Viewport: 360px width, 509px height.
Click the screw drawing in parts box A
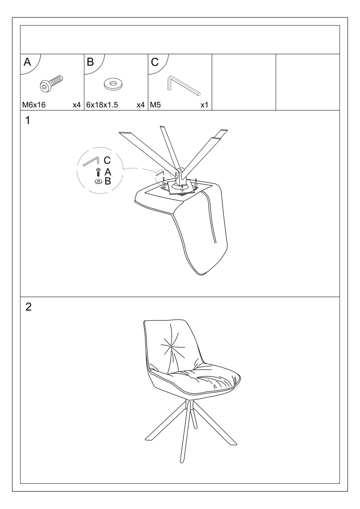[51, 83]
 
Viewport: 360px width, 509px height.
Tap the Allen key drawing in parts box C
[183, 86]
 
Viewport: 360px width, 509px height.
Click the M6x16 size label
[34, 105]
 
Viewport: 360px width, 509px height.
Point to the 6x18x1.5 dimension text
[102, 105]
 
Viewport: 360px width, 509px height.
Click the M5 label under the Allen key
[155, 105]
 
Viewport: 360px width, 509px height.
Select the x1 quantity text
[204, 105]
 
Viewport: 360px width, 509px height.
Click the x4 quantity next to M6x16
[77, 105]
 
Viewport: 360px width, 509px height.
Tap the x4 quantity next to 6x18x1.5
[141, 105]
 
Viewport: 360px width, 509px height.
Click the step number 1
[28, 120]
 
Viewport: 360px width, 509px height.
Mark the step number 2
[29, 307]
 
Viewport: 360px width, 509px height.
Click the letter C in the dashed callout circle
[107, 161]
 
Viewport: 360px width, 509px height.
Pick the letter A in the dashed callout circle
[108, 172]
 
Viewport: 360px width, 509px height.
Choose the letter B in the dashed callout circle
[108, 181]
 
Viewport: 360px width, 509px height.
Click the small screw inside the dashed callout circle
[98, 172]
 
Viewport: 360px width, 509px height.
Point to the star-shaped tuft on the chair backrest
[173, 347]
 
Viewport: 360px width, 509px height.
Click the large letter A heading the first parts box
[27, 62]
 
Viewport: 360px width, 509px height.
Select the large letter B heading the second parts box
[90, 62]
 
